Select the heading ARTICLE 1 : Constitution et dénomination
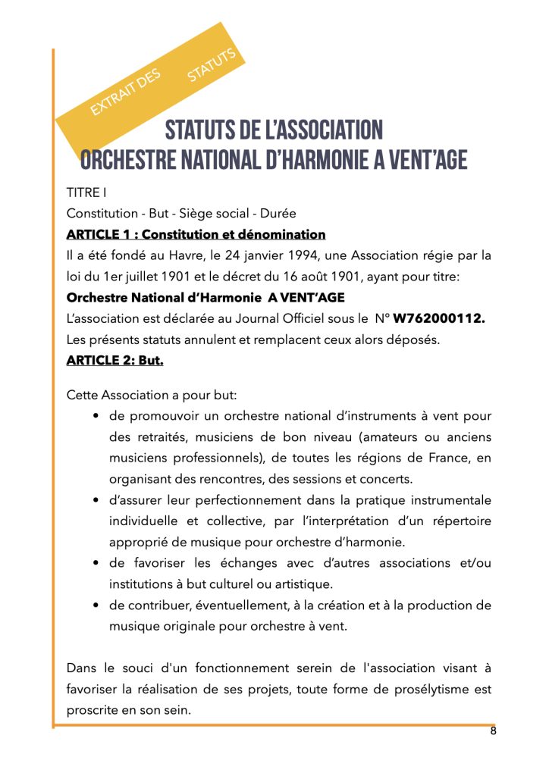point(196,234)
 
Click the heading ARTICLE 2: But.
point(115,361)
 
